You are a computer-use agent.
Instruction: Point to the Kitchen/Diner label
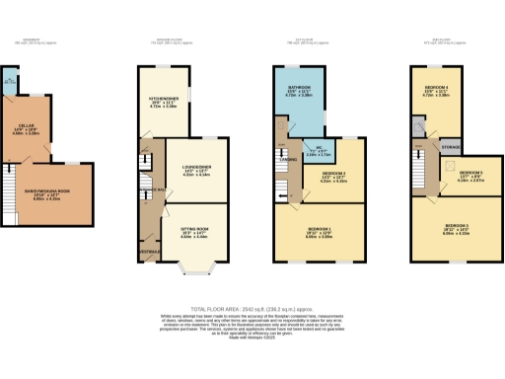click(162, 102)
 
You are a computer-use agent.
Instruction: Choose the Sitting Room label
click(192, 233)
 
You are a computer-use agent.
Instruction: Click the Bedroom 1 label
click(318, 234)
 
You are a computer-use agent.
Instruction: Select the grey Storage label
click(450, 147)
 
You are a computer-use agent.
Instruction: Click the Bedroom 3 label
click(457, 230)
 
